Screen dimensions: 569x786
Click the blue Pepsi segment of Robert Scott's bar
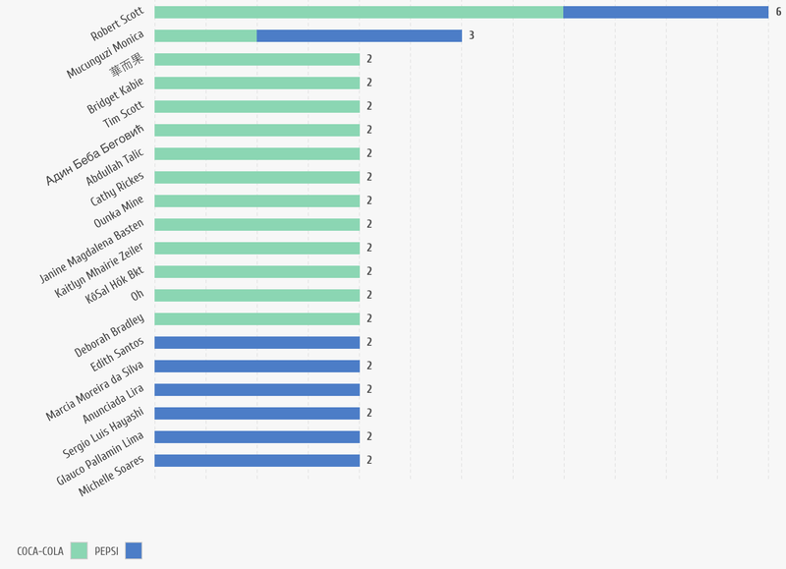pyautogui.click(x=665, y=12)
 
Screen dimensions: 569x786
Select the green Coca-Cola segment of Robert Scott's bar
pyautogui.click(x=359, y=12)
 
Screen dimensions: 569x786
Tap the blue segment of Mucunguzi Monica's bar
pyautogui.click(x=359, y=35)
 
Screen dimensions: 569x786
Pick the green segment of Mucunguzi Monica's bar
pyautogui.click(x=205, y=35)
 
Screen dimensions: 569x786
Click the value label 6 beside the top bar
pyautogui.click(x=778, y=12)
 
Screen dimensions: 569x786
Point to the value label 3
pyautogui.click(x=472, y=35)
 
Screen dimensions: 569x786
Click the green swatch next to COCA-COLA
pyautogui.click(x=80, y=550)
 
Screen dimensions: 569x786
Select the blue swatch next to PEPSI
pyautogui.click(x=134, y=550)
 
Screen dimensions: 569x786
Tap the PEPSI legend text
pyautogui.click(x=106, y=551)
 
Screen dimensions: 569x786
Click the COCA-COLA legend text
pyautogui.click(x=40, y=551)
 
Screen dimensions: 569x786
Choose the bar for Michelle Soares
pyautogui.click(x=256, y=460)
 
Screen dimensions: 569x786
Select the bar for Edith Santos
pyautogui.click(x=256, y=342)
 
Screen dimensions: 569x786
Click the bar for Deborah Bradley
pyautogui.click(x=256, y=318)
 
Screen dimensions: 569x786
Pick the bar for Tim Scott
pyautogui.click(x=256, y=106)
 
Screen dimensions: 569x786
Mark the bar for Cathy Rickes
pyautogui.click(x=256, y=177)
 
